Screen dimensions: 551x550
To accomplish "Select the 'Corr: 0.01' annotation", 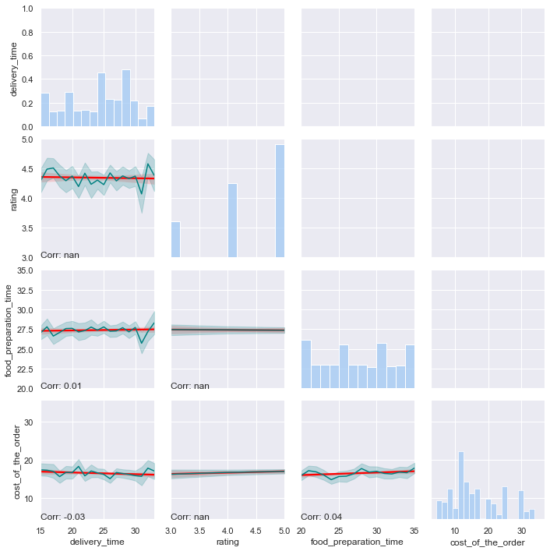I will [61, 385].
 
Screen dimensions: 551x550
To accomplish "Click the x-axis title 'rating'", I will [227, 542].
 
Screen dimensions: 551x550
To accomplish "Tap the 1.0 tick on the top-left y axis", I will [26, 9].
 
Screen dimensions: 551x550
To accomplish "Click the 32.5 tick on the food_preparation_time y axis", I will [24, 290].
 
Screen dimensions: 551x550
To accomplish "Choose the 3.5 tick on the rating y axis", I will [26, 228].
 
